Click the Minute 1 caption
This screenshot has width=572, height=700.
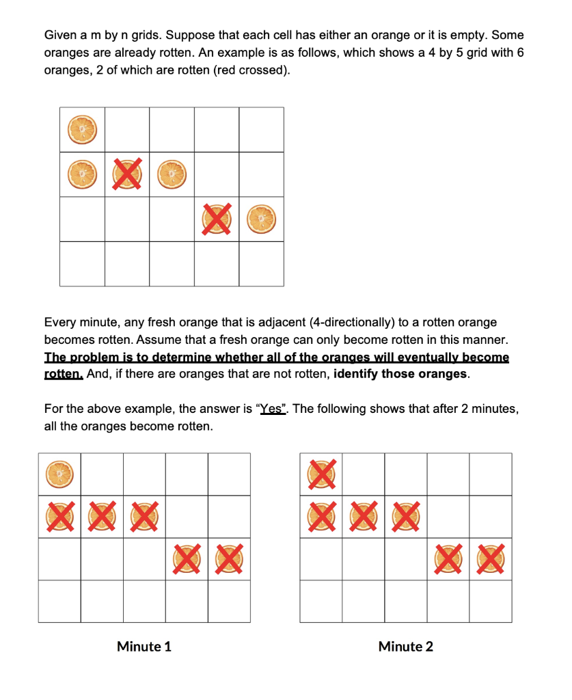click(144, 646)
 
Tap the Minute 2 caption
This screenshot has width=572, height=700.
click(405, 646)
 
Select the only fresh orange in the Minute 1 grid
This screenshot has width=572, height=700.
click(59, 474)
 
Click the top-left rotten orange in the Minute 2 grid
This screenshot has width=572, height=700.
click(321, 474)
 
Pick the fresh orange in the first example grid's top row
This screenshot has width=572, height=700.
click(81, 129)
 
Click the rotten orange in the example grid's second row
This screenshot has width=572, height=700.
click(126, 174)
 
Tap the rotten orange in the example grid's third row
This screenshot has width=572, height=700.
click(216, 219)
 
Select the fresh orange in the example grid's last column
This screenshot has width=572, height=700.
click(261, 219)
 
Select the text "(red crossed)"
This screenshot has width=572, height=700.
click(250, 70)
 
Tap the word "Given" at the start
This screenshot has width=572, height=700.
click(60, 34)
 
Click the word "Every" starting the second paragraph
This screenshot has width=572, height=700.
click(59, 322)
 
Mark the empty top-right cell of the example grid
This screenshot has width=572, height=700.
click(261, 129)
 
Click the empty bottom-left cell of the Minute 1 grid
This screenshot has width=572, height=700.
click(59, 601)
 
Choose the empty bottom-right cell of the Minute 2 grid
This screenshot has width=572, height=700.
click(491, 601)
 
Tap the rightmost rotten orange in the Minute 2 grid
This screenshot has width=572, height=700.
click(491, 558)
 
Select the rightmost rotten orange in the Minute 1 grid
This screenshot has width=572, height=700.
click(229, 558)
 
